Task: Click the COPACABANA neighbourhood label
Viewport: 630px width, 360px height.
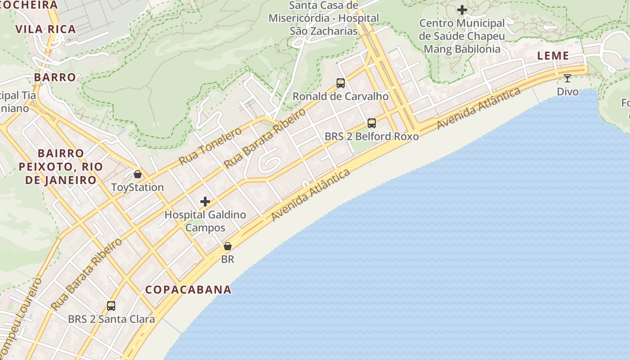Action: click(188, 290)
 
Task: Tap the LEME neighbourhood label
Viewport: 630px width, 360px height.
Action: click(553, 56)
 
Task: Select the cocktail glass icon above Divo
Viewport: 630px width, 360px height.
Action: click(567, 78)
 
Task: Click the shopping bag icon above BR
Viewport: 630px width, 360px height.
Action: click(228, 246)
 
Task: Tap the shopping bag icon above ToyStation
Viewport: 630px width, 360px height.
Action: click(138, 174)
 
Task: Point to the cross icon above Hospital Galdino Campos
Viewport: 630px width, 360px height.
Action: click(205, 202)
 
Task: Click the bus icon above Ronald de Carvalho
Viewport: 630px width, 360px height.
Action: click(341, 83)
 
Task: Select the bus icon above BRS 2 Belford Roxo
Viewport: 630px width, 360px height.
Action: click(372, 123)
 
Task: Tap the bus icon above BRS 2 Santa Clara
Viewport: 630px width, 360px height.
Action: click(111, 306)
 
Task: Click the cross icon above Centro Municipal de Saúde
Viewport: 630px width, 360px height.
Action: click(462, 10)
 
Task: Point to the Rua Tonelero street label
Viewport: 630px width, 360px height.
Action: click(210, 146)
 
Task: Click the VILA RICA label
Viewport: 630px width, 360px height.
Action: click(45, 29)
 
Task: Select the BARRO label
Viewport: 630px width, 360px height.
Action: click(55, 77)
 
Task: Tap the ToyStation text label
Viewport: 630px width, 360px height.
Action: click(137, 187)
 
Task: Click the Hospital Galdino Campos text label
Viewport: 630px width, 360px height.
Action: click(205, 221)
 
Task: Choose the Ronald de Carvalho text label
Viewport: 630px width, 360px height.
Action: click(341, 96)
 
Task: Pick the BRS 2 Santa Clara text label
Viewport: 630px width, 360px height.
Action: click(111, 319)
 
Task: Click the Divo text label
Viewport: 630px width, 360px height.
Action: click(567, 92)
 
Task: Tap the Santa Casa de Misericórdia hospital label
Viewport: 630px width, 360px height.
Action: click(324, 18)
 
